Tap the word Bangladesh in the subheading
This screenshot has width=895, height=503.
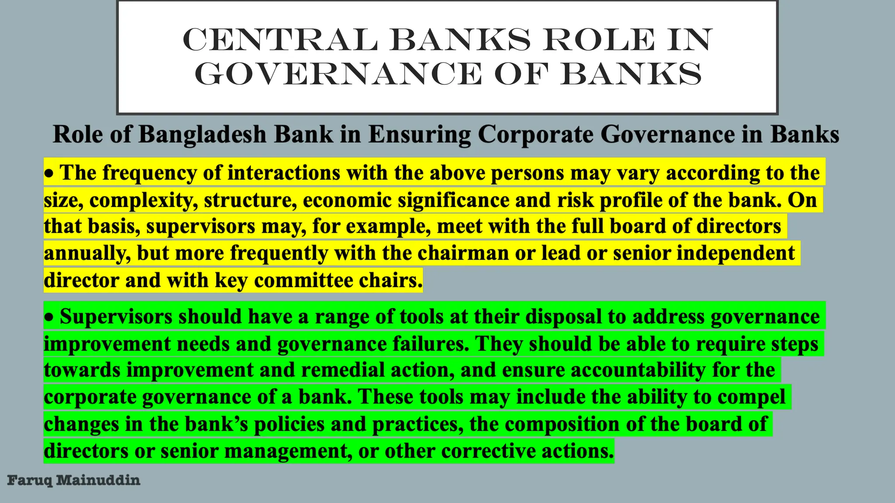click(x=202, y=134)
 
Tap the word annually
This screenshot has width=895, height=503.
click(x=87, y=254)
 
